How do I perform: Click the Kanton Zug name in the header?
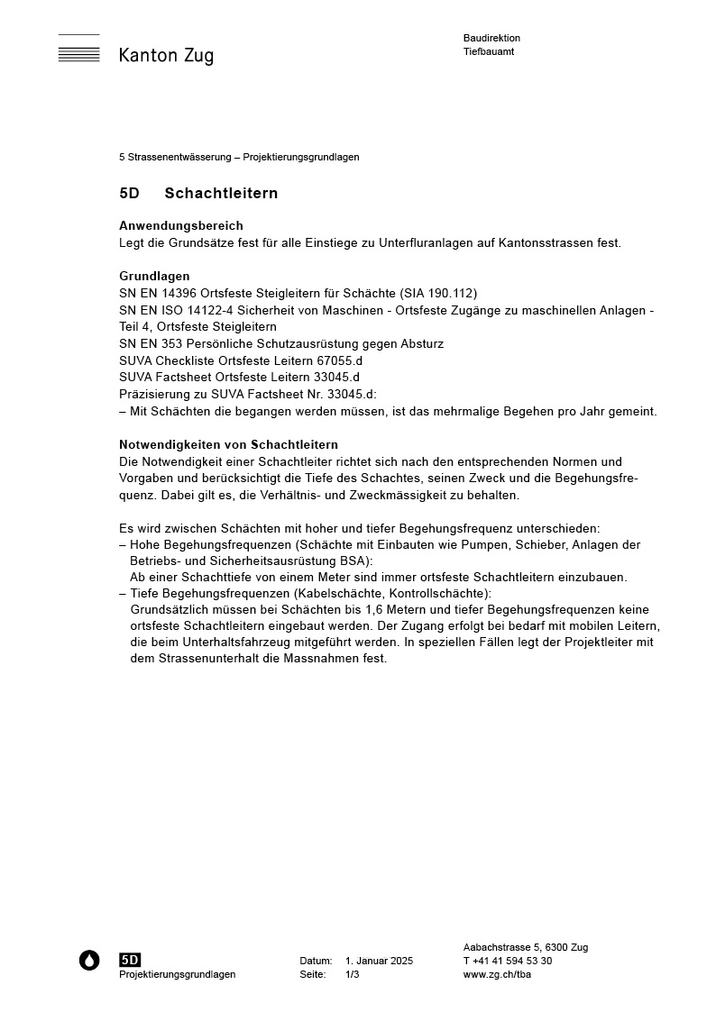pos(166,56)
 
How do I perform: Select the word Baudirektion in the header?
pos(491,38)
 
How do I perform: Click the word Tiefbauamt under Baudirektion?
pos(489,51)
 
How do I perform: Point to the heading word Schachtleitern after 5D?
pos(221,194)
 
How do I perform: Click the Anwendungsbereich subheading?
pos(181,225)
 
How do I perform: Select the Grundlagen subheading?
pos(154,276)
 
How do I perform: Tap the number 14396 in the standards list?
pos(179,293)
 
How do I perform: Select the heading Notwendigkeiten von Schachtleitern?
pos(228,444)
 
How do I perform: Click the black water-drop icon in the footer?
pos(89,961)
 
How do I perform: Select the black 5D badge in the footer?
pos(130,961)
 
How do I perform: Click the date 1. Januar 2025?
pos(379,961)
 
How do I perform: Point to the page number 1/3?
pos(352,974)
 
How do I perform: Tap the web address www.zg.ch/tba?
pos(497,974)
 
